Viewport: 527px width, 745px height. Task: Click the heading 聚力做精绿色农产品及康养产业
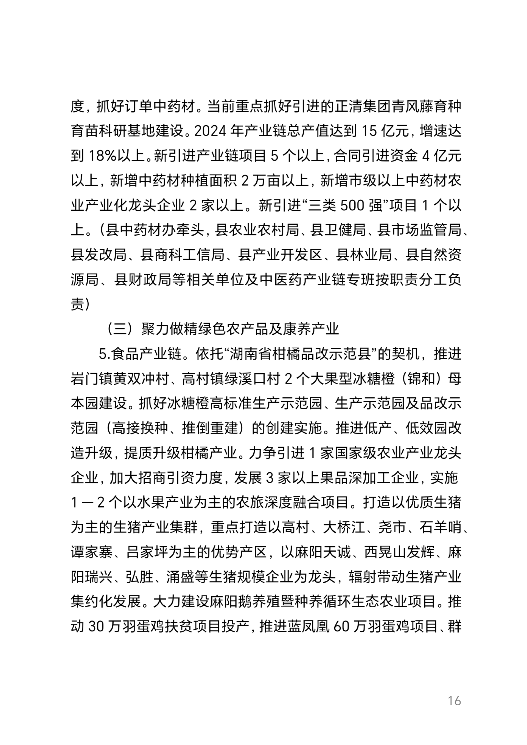240,329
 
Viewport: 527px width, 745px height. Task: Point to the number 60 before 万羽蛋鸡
341,627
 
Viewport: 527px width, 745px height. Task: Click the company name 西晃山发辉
399,552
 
